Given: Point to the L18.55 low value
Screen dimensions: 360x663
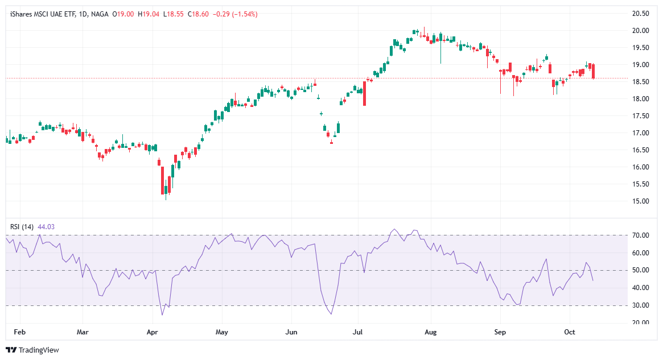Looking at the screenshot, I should tap(174, 14).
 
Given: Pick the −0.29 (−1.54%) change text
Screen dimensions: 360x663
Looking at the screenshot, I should tap(235, 14).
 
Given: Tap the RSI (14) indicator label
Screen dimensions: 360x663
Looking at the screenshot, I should tap(22, 226).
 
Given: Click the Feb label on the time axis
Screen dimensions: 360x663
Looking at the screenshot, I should tap(20, 331).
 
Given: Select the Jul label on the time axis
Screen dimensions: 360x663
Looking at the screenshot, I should tap(359, 331).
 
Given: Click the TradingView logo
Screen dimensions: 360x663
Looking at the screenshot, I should tap(32, 350).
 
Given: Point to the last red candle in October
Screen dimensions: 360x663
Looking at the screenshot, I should tap(593, 71).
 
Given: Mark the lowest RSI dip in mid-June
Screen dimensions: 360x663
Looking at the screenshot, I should tap(331, 314).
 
